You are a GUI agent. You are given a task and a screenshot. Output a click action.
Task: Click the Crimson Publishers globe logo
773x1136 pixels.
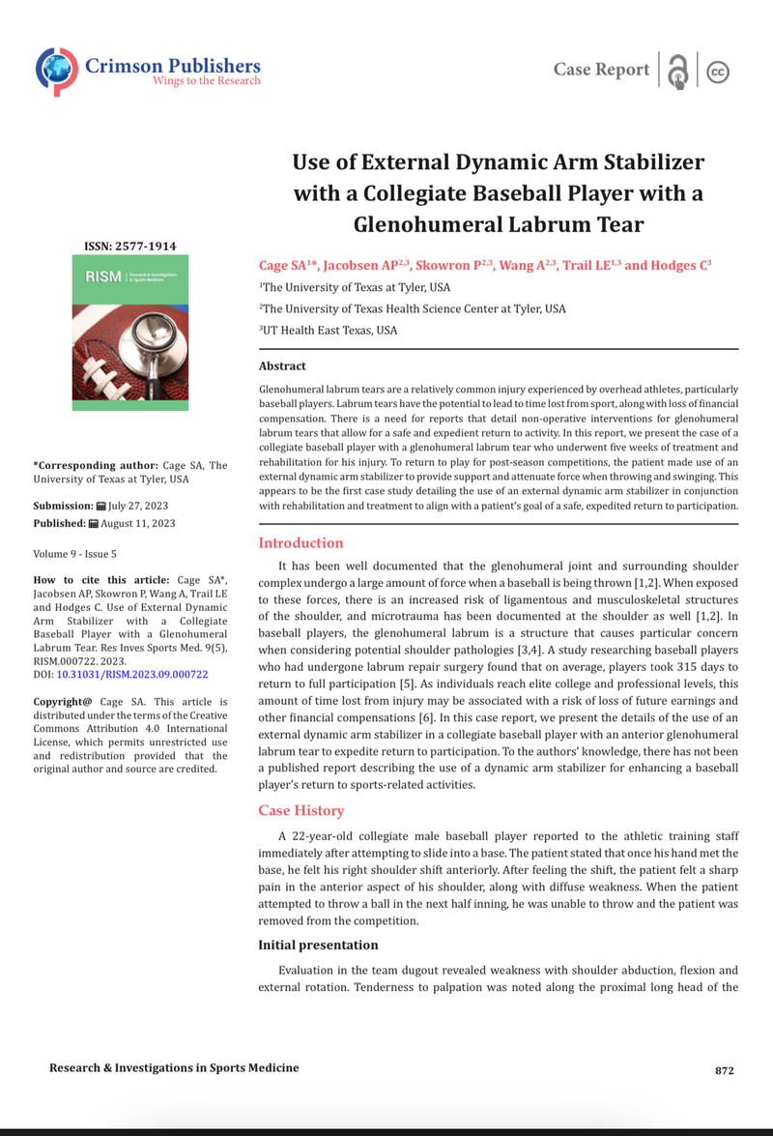pyautogui.click(x=57, y=71)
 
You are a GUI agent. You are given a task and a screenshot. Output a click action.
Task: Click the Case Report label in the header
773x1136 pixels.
pyautogui.click(x=601, y=70)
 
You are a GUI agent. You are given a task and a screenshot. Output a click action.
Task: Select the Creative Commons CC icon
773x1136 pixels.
pyautogui.click(x=718, y=72)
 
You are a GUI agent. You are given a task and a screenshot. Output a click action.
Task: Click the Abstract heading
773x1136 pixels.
pyautogui.click(x=282, y=366)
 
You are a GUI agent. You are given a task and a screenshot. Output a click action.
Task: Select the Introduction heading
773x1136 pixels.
pyautogui.click(x=301, y=543)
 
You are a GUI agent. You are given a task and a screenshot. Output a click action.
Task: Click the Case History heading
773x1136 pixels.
pyautogui.click(x=301, y=810)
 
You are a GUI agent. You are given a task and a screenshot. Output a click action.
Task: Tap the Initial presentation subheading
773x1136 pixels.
pyautogui.click(x=318, y=945)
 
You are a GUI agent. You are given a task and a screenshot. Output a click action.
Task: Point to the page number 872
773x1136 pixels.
pyautogui.click(x=725, y=1070)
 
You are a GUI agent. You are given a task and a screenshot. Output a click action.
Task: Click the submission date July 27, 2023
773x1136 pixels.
pyautogui.click(x=142, y=506)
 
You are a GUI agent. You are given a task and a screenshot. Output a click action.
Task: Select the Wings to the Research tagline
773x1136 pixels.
pyautogui.click(x=206, y=81)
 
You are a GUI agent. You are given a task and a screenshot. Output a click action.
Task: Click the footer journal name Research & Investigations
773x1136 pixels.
pyautogui.click(x=174, y=1068)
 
